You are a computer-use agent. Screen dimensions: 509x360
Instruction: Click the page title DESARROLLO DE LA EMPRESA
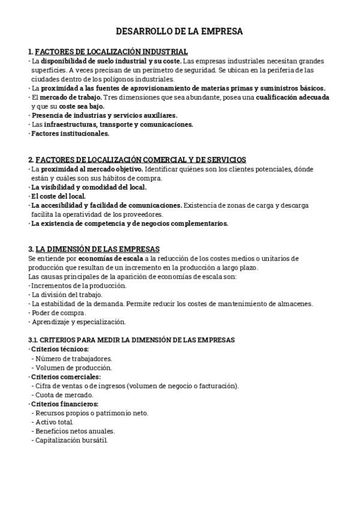click(179, 31)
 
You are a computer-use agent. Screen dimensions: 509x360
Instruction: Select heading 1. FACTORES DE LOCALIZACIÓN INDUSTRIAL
click(108, 52)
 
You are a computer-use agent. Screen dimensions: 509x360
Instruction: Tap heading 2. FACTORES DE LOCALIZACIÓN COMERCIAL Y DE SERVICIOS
click(137, 160)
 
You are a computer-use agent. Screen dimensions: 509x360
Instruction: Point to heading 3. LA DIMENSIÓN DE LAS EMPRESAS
click(94, 249)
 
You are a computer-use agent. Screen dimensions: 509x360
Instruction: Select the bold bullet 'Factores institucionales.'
click(70, 133)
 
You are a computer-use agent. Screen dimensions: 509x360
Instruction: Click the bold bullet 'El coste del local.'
click(58, 196)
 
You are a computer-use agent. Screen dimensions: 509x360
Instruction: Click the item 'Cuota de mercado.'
click(64, 394)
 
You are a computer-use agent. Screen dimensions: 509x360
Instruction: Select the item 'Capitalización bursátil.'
click(71, 440)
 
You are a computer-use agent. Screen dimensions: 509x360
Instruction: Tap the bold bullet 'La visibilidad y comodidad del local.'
click(89, 187)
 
